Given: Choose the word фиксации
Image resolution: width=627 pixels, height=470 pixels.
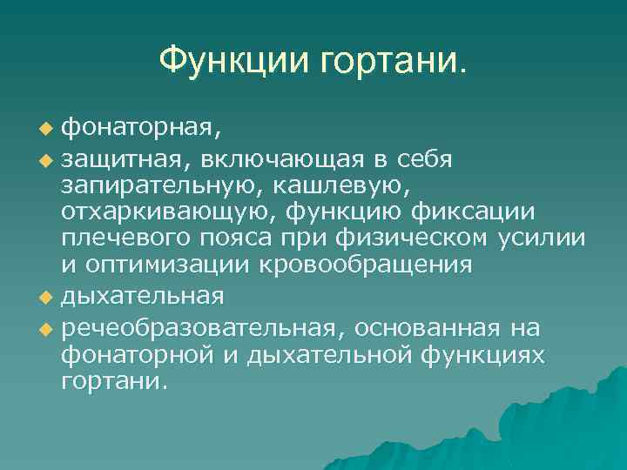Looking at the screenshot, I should pyautogui.click(x=484, y=213).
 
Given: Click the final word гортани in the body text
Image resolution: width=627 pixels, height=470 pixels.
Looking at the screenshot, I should pyautogui.click(x=112, y=383).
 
